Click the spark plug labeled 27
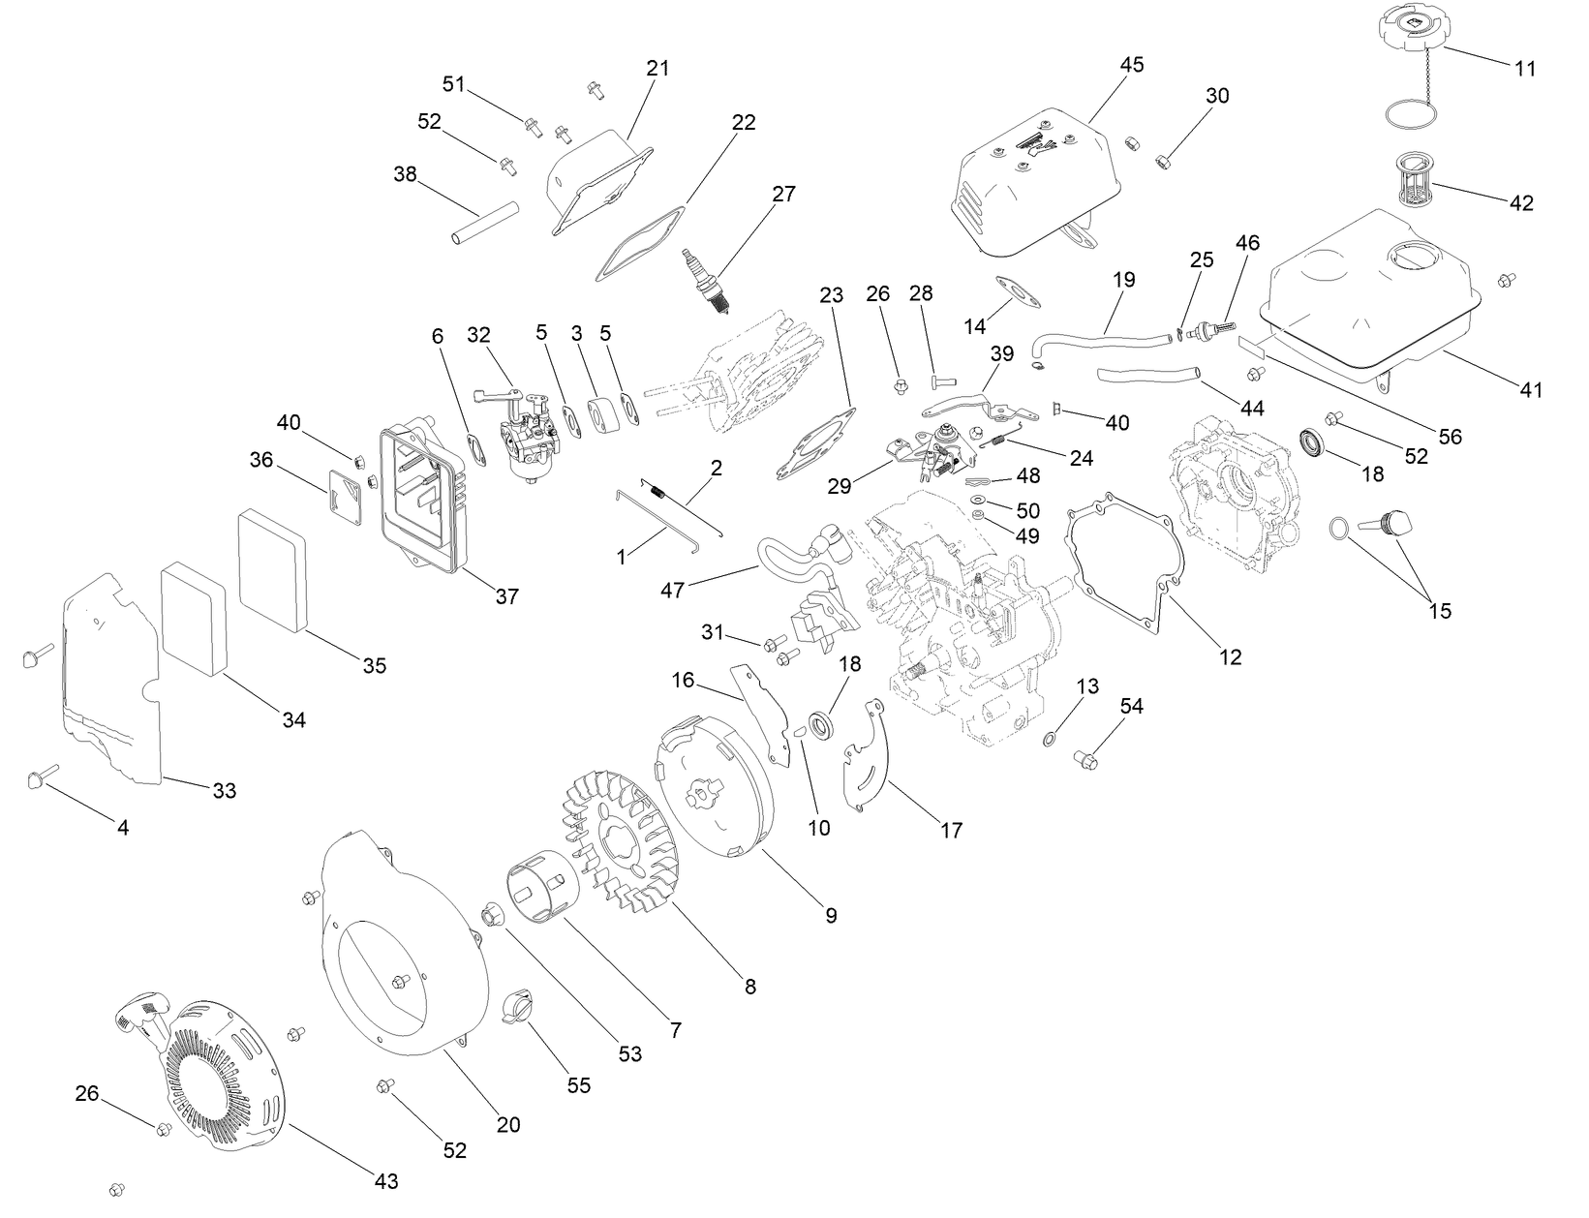click(x=706, y=282)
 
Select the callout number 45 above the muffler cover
click(x=1132, y=65)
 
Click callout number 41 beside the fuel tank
click(x=1531, y=390)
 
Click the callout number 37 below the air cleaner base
click(x=507, y=596)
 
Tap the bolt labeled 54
click(x=1085, y=760)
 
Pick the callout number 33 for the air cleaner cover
click(x=224, y=791)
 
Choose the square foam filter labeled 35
click(x=272, y=561)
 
